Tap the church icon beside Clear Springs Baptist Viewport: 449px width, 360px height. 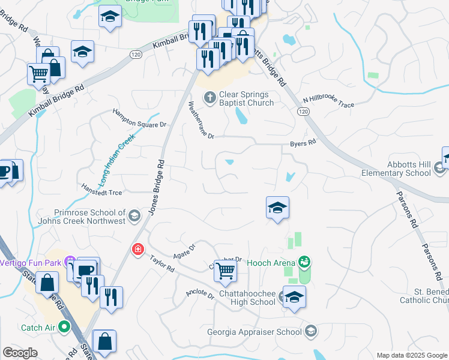pyautogui.click(x=210, y=97)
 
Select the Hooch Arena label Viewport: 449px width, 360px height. pyautogui.click(x=271, y=263)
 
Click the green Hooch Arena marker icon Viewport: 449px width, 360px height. pyautogui.click(x=306, y=262)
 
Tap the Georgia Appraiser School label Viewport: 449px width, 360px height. pyautogui.click(x=255, y=332)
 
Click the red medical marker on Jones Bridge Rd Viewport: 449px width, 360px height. pyautogui.click(x=138, y=248)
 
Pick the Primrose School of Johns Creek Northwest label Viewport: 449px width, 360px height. pyautogui.click(x=90, y=217)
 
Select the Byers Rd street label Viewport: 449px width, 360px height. pyautogui.click(x=303, y=143)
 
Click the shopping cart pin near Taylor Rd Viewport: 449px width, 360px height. pyautogui.click(x=225, y=271)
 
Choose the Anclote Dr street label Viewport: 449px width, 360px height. pyautogui.click(x=200, y=294)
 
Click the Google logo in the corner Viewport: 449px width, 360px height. pyautogui.click(x=20, y=353)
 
